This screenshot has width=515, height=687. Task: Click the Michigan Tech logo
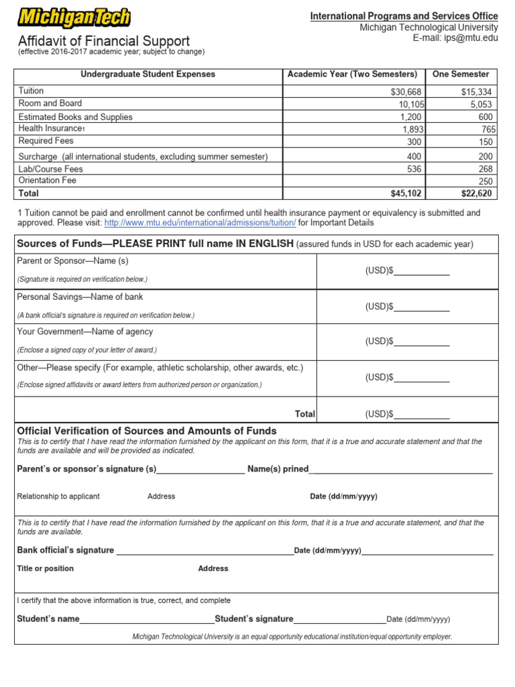coord(74,18)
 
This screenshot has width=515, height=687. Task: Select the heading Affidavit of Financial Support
coord(104,41)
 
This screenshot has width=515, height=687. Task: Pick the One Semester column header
coord(461,74)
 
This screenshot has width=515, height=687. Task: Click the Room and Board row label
coord(50,103)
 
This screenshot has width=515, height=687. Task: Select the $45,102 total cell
coord(406,194)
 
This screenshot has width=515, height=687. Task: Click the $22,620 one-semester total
coord(477,194)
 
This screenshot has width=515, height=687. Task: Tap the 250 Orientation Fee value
coord(485,181)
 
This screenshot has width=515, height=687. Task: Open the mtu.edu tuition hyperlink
coord(200,223)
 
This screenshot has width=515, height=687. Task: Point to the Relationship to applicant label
coord(58,496)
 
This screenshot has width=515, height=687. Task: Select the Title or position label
coord(46,568)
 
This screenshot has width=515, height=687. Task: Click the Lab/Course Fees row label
coord(51,169)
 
